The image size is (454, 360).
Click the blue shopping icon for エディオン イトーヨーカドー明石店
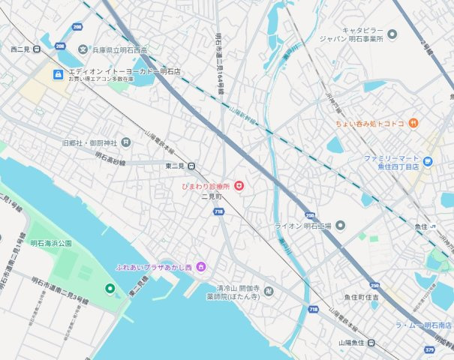(x=58, y=74)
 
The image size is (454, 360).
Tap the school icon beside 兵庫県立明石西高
(x=83, y=49)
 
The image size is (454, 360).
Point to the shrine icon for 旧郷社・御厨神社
(x=126, y=142)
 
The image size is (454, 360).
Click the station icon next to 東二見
(x=192, y=166)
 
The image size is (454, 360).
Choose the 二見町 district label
(x=212, y=196)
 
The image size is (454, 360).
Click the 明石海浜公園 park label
(x=51, y=244)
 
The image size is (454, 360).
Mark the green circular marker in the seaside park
(x=110, y=288)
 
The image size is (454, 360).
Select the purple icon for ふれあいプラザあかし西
(x=200, y=267)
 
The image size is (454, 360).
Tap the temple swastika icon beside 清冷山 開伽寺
(x=269, y=291)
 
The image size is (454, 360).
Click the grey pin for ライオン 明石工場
(x=339, y=225)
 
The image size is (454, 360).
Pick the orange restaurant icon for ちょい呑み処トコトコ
(x=413, y=123)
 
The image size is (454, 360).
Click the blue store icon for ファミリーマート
(x=427, y=160)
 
